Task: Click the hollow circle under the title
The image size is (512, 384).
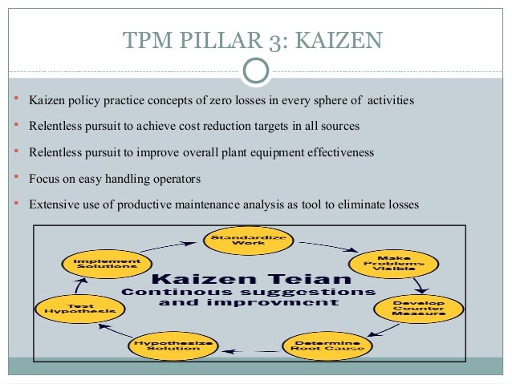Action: [255, 71]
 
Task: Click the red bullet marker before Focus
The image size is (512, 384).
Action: [17, 177]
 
